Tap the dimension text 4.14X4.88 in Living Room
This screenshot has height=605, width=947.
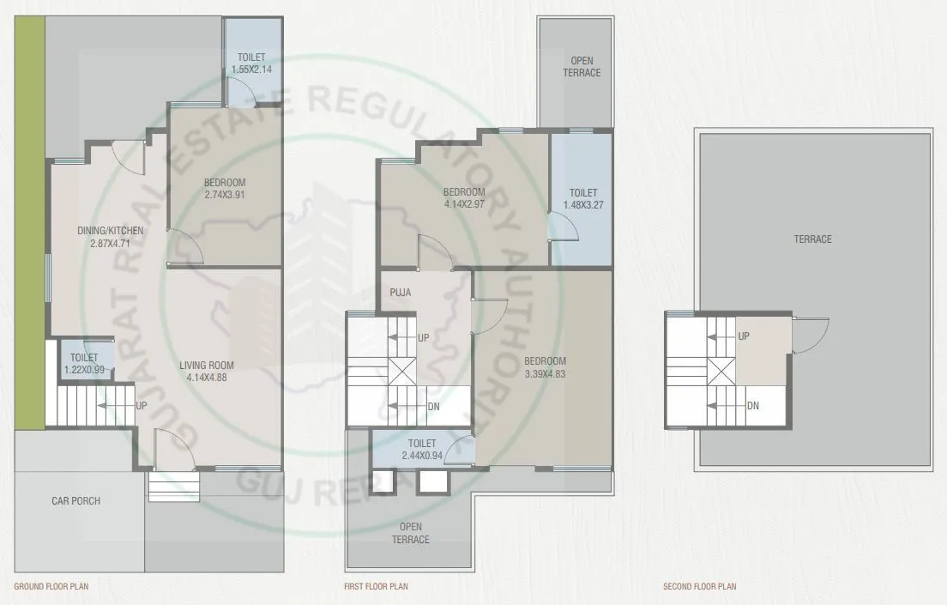pos(206,376)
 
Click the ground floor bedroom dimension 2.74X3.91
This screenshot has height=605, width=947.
pos(225,195)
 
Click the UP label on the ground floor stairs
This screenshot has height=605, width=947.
pos(141,405)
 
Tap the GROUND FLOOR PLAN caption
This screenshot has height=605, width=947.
pos(51,587)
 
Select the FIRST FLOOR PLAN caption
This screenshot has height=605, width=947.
pos(375,587)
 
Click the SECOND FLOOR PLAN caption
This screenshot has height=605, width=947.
pos(699,587)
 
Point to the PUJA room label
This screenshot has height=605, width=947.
pos(400,293)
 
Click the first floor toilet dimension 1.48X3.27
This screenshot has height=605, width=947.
pos(580,205)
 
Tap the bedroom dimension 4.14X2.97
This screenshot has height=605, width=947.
pos(464,203)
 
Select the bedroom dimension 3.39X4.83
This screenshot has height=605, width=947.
pos(545,373)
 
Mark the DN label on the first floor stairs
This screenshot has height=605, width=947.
pos(433,407)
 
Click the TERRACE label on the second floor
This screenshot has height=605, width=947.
pos(811,239)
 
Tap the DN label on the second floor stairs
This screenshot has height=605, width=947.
pos(752,406)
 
